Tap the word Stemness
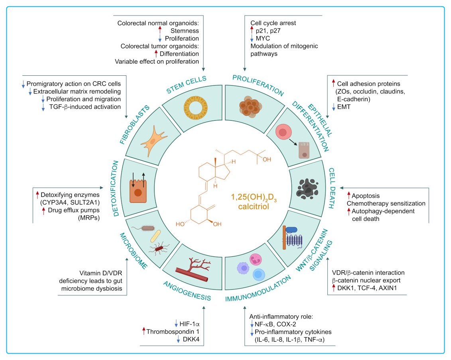click(184, 31)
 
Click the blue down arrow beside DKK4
click(176, 339)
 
